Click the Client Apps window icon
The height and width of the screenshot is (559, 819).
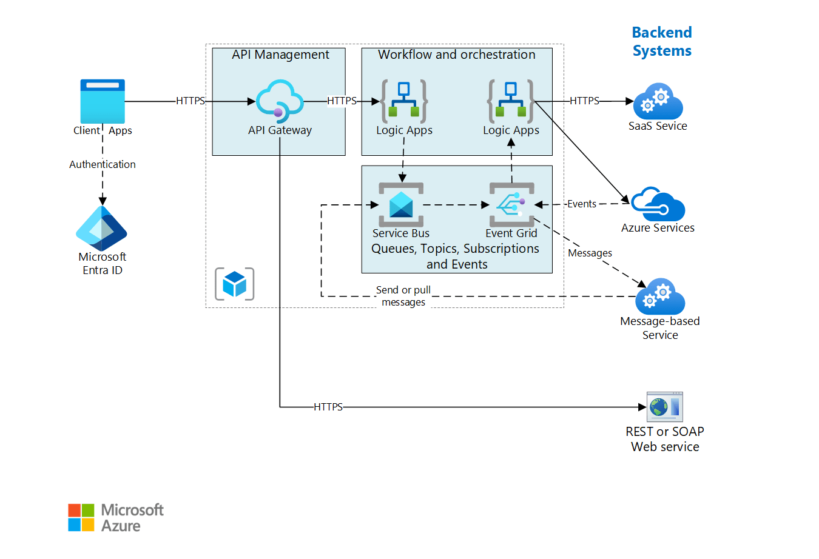[x=103, y=101]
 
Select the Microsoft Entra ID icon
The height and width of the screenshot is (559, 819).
[x=101, y=229]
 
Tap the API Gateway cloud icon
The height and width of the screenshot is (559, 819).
[x=279, y=99]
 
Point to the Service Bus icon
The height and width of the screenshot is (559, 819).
[x=401, y=205]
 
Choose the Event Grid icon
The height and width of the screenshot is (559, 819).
[x=511, y=205]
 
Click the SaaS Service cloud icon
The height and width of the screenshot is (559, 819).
[x=658, y=102]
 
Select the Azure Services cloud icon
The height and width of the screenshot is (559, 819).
[x=658, y=205]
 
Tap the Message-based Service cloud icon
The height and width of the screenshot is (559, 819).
[x=659, y=296]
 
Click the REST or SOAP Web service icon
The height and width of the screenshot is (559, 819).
[x=664, y=407]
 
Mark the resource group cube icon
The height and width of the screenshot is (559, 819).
[x=235, y=284]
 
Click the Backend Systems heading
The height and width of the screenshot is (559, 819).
[x=662, y=41]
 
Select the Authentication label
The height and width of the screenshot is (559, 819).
[x=103, y=164]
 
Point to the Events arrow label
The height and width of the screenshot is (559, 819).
[x=581, y=204]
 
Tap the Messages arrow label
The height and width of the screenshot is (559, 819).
[x=590, y=253]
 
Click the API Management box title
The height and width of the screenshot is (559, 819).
[x=280, y=55]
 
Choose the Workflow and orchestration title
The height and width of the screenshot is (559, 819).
[x=456, y=55]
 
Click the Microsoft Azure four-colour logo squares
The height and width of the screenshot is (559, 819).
[x=81, y=517]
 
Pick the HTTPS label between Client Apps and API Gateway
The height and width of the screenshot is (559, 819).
[x=190, y=101]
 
